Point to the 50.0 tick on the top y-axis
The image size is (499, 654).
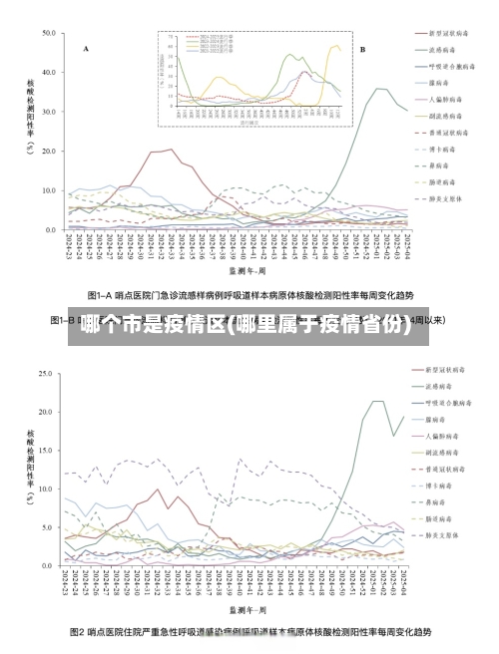(x=49, y=33)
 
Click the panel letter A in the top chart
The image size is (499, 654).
(x=86, y=48)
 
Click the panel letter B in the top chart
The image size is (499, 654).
(x=362, y=48)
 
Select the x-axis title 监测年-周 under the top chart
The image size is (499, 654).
(x=246, y=269)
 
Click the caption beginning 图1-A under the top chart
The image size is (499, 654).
(x=249, y=295)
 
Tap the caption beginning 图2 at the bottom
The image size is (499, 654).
(x=249, y=632)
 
